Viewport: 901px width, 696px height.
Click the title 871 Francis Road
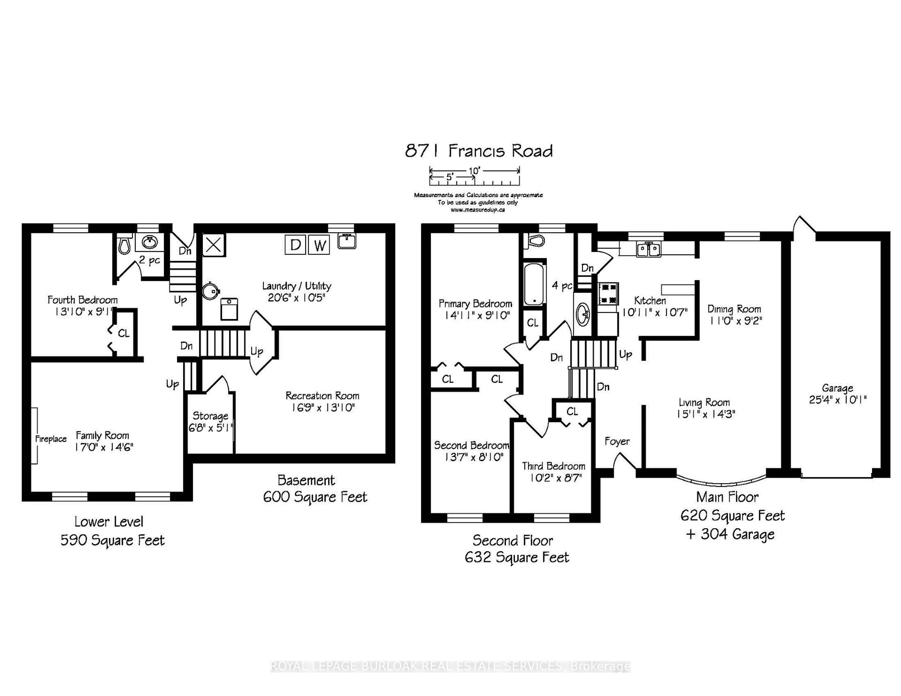point(479,151)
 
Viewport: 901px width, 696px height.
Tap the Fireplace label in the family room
point(51,439)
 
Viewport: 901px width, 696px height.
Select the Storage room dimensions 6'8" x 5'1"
point(211,428)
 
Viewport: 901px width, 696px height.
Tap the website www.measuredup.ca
point(478,210)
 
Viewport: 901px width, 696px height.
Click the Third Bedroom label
point(553,466)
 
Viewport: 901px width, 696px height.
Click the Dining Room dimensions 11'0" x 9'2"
point(734,321)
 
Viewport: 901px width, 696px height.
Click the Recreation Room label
point(322,396)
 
